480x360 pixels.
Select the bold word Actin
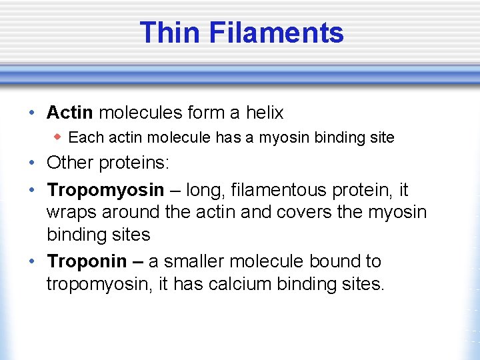click(x=70, y=113)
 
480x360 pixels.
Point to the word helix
click(x=265, y=113)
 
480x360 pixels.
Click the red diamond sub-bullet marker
click(x=59, y=137)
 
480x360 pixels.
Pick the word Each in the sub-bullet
click(x=83, y=138)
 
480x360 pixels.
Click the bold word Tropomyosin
click(x=105, y=191)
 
